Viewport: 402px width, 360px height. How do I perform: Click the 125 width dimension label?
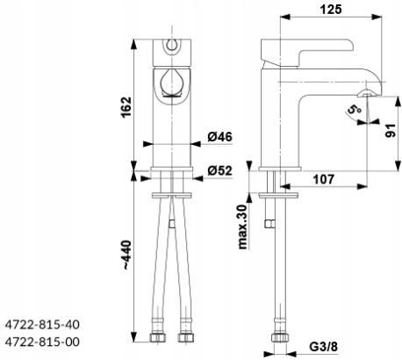coord(331,9)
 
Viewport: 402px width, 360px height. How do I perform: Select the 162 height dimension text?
coord(127,107)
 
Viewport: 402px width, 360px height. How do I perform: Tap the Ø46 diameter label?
coord(220,137)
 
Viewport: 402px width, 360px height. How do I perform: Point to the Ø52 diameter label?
coord(220,170)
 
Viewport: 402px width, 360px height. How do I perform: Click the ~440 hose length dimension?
coord(127,255)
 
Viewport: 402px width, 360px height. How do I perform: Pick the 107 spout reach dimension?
coord(324,179)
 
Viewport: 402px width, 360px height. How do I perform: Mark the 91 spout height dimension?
coord(391,131)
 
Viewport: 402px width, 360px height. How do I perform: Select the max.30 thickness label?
coord(243,227)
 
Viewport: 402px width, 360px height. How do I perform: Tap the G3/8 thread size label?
coord(324,347)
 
